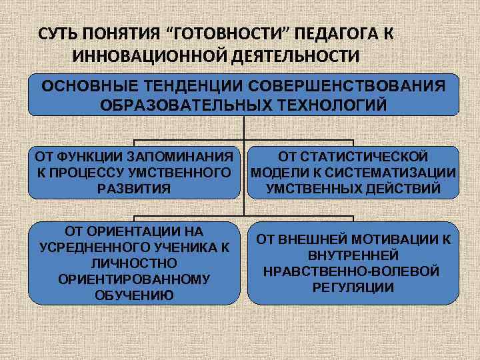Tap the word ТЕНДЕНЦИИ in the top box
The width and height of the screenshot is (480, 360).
tap(187, 87)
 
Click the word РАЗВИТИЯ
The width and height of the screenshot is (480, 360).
tap(134, 189)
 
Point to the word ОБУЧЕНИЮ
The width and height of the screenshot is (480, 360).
tap(133, 294)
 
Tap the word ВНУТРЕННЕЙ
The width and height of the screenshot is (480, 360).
tap(353, 255)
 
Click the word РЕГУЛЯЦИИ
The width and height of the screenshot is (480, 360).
tap(353, 287)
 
